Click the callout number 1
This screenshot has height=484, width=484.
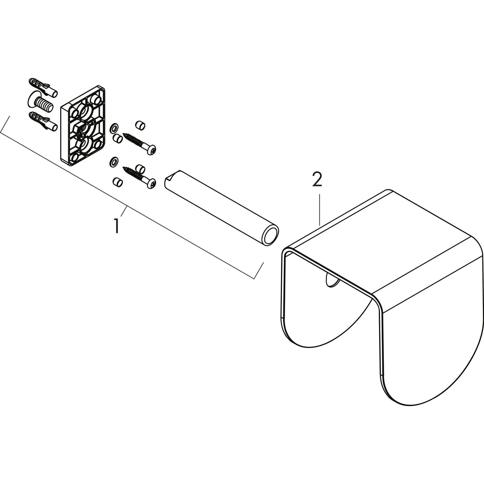coord(117,226)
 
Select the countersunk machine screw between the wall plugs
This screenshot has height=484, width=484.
coord(40,103)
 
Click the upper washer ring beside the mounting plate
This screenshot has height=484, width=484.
coord(114,128)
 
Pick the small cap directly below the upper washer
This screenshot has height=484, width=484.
coord(117,138)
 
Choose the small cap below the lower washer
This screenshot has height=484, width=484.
coord(117,182)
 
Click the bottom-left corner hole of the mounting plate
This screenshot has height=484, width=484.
coord(74,158)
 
